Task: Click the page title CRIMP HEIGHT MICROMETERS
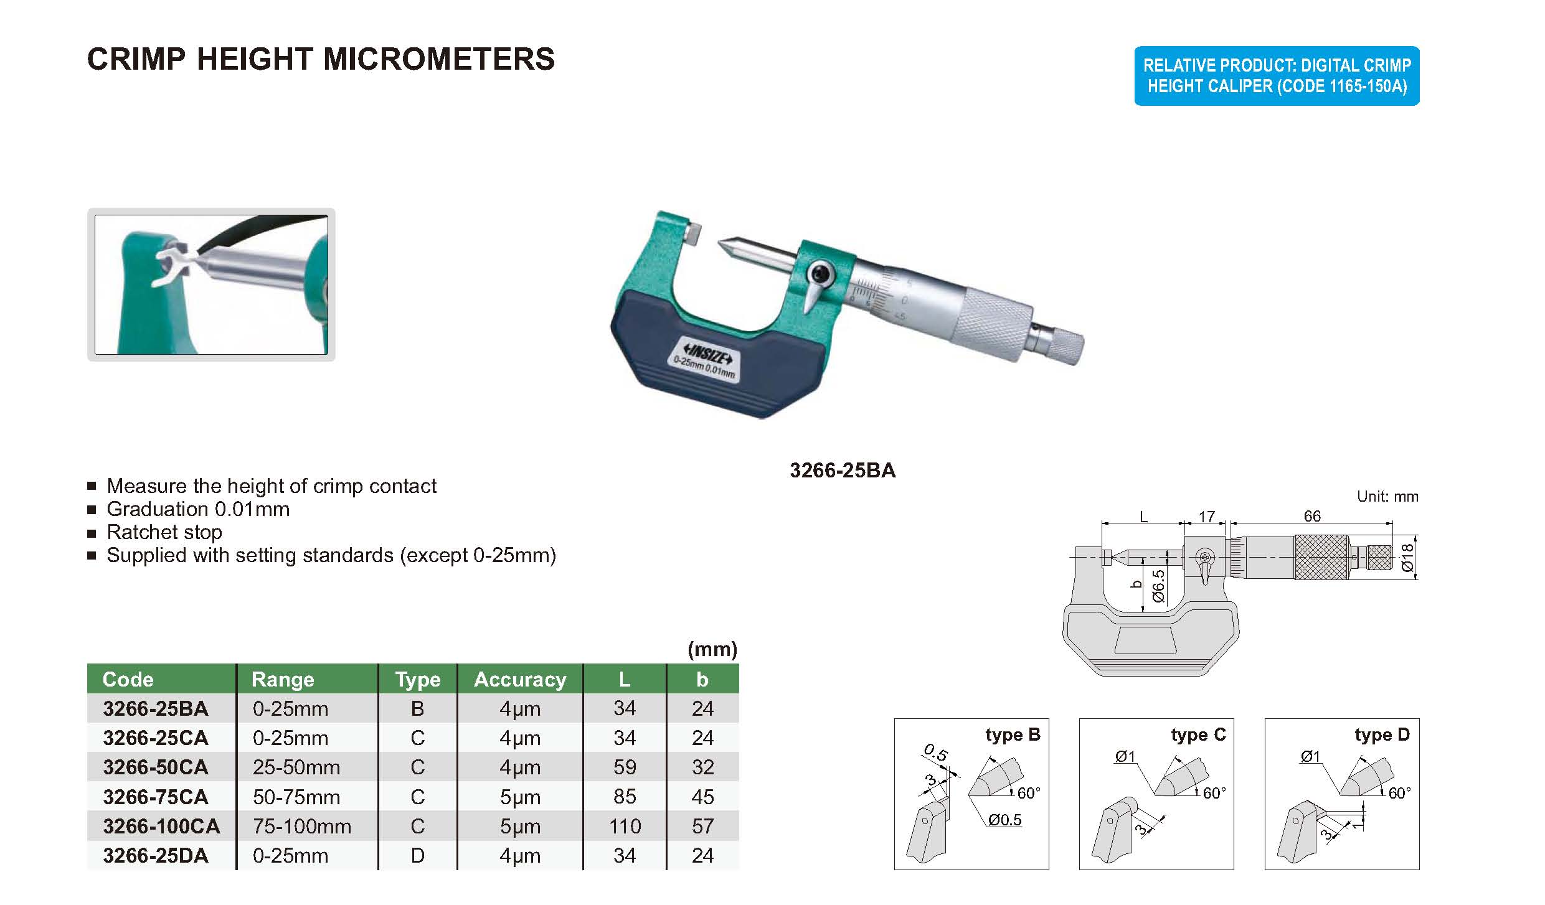(x=321, y=59)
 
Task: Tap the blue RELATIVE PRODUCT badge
(x=1277, y=76)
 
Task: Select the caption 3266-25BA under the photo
(x=843, y=471)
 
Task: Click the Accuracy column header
(x=520, y=680)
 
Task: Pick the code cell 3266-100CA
(x=161, y=827)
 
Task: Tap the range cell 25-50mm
(x=296, y=767)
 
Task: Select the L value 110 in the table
(x=625, y=827)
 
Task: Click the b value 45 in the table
(x=702, y=797)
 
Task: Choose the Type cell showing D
(x=417, y=856)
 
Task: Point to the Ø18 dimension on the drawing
(x=1407, y=558)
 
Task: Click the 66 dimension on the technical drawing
(x=1312, y=516)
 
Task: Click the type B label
(x=1013, y=735)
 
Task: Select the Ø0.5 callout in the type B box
(x=1005, y=820)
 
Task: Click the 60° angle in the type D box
(x=1400, y=794)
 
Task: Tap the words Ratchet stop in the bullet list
(x=164, y=532)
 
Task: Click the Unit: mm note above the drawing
(x=1387, y=497)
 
